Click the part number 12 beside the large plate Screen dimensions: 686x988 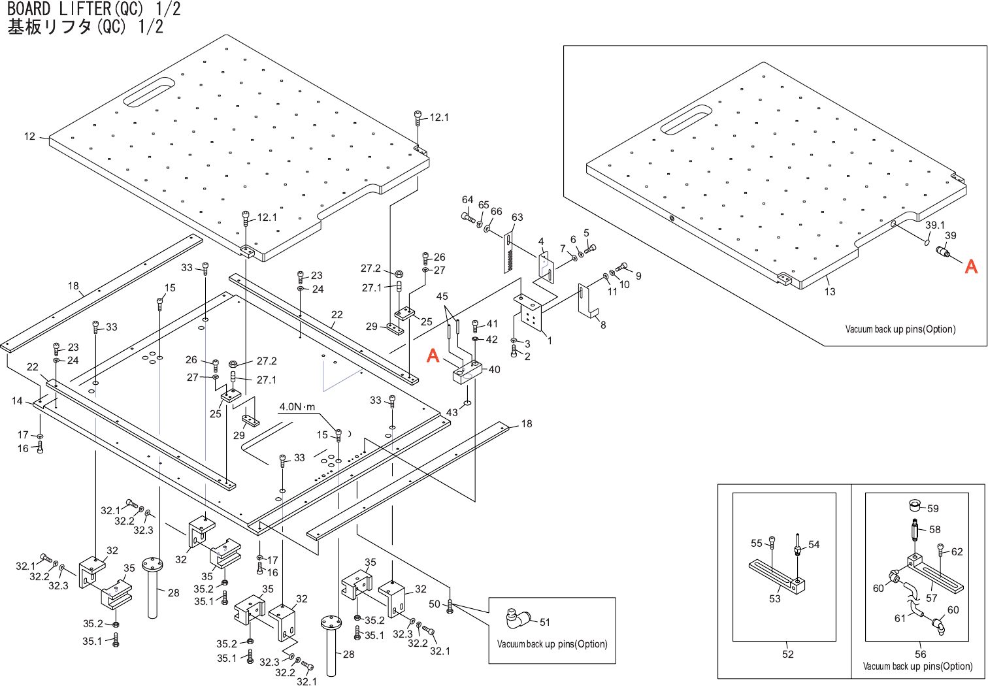[x=29, y=137]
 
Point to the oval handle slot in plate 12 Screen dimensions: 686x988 [x=149, y=92]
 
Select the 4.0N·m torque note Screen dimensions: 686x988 [x=297, y=407]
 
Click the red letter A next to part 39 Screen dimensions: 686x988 [x=971, y=267]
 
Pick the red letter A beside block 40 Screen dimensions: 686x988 [x=433, y=355]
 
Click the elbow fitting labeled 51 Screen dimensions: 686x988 [x=518, y=618]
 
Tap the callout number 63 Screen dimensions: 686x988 [x=517, y=217]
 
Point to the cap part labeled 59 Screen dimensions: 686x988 [x=915, y=504]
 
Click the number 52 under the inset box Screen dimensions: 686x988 [x=788, y=654]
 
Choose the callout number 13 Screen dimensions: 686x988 [x=830, y=291]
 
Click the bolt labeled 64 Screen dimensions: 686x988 [x=468, y=217]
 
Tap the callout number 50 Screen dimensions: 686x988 [x=435, y=604]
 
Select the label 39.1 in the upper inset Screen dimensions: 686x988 [x=934, y=225]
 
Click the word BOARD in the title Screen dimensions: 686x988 [x=29, y=9]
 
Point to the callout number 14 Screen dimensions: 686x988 [x=17, y=400]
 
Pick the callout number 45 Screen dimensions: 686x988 [x=442, y=296]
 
